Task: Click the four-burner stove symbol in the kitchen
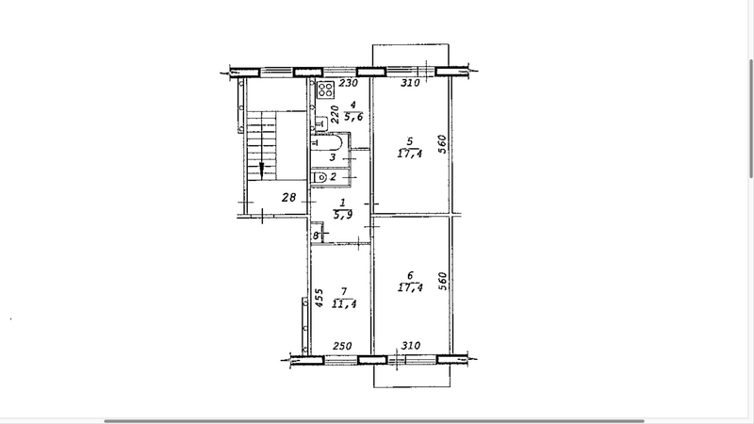point(325,89)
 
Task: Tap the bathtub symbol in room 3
point(327,143)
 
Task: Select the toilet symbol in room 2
point(320,177)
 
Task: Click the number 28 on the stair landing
point(289,197)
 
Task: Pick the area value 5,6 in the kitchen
point(353,117)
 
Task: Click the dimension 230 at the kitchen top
point(348,83)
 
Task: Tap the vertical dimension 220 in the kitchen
point(336,114)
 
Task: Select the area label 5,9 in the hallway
point(342,215)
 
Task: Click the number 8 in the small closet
point(316,236)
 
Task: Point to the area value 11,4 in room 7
point(344,303)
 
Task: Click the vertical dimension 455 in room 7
point(319,298)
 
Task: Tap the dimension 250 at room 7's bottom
point(342,346)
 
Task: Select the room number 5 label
point(410,141)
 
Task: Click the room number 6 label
point(410,275)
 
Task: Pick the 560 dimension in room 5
point(442,144)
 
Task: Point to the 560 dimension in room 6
point(442,281)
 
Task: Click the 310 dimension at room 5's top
point(410,83)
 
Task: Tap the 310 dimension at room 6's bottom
point(411,345)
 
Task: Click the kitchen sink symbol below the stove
point(320,125)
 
